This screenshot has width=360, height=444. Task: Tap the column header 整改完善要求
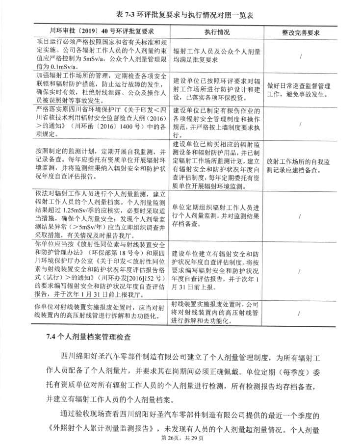[x=301, y=31]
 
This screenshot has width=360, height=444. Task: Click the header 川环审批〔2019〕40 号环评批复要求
[x=102, y=31]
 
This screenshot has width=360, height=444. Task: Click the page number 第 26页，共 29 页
[x=180, y=437]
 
